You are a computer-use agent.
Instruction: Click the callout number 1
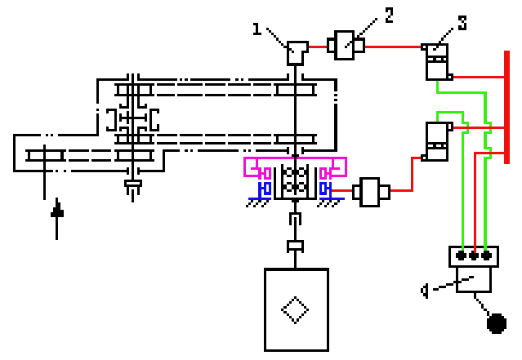point(257,29)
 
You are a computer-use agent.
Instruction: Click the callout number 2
point(389,16)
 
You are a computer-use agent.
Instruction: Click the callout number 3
point(462,23)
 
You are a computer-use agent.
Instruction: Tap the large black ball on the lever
point(497,323)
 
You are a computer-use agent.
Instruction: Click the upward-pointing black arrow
point(57,218)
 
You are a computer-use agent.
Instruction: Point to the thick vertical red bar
point(506,107)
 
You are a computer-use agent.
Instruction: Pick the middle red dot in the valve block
point(474,256)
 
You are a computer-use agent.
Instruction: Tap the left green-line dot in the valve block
point(461,256)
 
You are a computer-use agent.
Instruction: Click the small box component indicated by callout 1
point(297,53)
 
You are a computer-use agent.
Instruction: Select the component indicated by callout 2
point(346,45)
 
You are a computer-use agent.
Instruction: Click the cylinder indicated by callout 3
point(437,62)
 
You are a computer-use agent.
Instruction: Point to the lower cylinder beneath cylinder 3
point(437,141)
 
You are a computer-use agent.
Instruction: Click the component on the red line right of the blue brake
point(371,192)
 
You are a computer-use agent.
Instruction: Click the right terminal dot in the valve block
point(486,256)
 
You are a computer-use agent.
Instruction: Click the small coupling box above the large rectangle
point(295,247)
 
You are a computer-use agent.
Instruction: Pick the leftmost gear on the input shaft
point(45,155)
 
